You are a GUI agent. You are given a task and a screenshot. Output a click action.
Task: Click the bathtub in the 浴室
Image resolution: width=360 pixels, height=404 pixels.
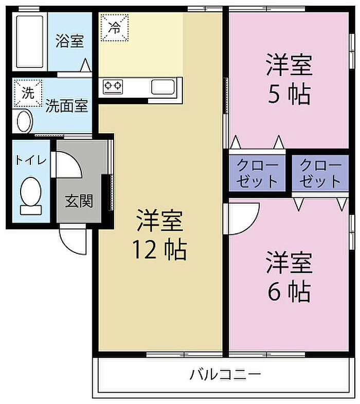click(x=30, y=41)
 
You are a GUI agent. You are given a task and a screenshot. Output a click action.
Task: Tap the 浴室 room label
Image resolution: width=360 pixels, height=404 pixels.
click(x=69, y=41)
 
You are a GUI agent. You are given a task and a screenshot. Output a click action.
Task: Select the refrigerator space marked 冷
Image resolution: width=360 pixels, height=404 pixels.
click(x=115, y=28)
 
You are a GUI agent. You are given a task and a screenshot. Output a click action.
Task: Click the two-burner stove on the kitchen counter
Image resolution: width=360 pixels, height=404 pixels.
click(x=113, y=86)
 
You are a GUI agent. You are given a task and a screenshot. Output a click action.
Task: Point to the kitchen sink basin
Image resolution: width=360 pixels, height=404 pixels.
click(x=163, y=87)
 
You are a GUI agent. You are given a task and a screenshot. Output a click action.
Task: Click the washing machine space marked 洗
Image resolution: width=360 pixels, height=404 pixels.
click(x=28, y=93)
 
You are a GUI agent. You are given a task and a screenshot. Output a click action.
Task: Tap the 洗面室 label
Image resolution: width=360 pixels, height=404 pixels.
click(x=67, y=106)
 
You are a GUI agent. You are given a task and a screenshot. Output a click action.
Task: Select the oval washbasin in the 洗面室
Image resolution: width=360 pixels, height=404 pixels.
click(x=25, y=121)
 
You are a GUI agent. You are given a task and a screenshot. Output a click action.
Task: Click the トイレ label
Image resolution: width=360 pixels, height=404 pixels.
click(x=31, y=160)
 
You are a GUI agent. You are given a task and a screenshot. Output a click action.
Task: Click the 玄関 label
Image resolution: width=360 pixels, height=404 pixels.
click(x=79, y=201)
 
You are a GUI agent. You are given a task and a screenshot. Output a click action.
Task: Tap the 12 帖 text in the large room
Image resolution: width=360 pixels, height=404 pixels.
click(x=159, y=250)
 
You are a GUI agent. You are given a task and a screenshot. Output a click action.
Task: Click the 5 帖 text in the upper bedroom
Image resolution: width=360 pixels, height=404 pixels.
click(x=289, y=94)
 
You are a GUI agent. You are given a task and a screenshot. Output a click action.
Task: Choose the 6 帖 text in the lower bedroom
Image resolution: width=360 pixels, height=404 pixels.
click(x=289, y=291)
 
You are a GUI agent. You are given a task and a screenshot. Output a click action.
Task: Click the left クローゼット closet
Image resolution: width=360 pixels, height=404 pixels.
click(x=257, y=173)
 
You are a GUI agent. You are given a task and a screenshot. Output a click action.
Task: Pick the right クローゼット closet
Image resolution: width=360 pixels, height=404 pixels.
click(x=320, y=173)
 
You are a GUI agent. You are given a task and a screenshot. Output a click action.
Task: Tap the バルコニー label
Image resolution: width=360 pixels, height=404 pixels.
click(x=225, y=374)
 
